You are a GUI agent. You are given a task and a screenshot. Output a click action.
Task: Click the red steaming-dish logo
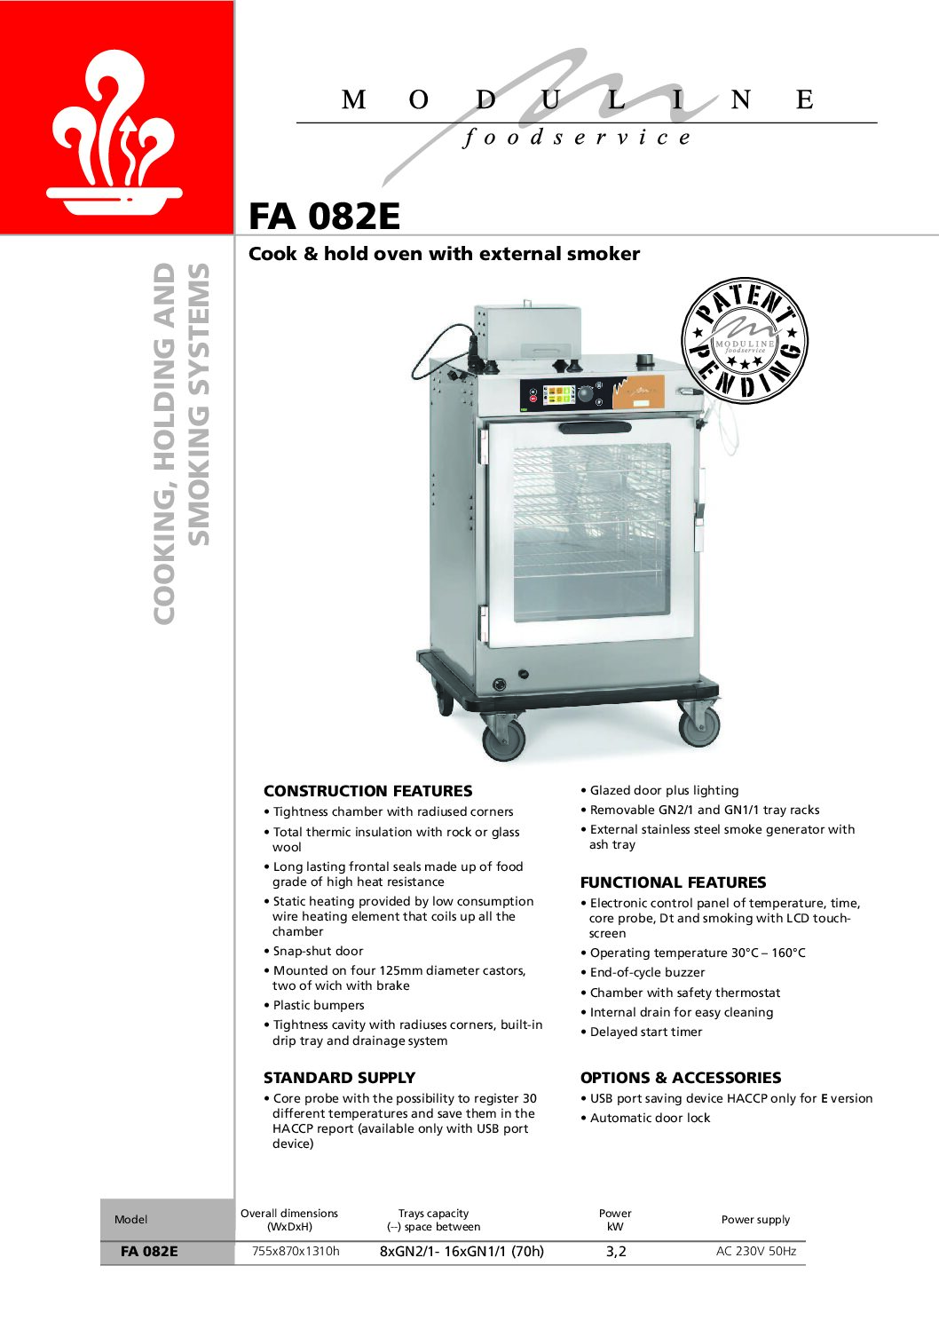coord(115,133)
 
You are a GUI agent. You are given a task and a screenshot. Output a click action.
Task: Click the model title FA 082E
coord(324,217)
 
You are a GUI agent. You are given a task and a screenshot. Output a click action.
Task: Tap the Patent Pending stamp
coord(745,341)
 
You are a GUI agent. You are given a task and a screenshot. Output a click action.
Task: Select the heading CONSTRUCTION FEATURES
coord(367,791)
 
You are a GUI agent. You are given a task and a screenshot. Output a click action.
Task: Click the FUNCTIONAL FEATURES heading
coord(673,882)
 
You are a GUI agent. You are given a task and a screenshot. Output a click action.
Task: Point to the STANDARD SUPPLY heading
coord(339,1078)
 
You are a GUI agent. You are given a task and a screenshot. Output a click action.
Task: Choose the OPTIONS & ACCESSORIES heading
coord(681,1078)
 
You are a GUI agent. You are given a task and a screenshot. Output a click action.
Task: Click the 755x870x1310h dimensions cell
coord(296,1251)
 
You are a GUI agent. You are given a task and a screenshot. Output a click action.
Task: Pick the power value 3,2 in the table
coord(616,1252)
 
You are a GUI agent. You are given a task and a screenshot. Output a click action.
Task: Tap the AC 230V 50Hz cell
coord(756,1252)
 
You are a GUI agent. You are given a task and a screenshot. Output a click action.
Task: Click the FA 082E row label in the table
coord(149,1252)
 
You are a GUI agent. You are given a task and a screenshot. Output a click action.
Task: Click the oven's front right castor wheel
coord(698,725)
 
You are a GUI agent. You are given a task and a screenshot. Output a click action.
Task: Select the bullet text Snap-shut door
coord(318,951)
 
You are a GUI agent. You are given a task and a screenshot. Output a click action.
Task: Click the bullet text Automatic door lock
coord(650,1119)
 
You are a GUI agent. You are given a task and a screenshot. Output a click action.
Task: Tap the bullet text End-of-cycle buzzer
coord(647,973)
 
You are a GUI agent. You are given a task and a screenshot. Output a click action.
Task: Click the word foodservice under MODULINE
coord(577,138)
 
